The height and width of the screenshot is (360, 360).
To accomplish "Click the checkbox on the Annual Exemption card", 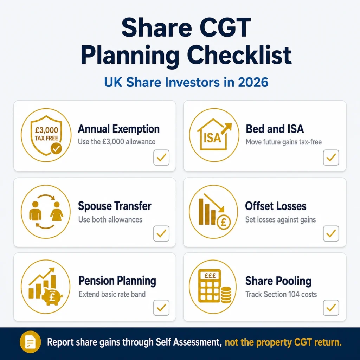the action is [x=161, y=157].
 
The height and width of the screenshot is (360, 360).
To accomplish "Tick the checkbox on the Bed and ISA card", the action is [x=331, y=157].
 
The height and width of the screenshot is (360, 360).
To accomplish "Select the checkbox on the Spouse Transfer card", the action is [x=161, y=233].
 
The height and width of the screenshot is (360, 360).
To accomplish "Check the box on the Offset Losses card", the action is [x=331, y=233].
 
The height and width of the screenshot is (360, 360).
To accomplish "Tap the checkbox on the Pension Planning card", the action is [x=161, y=308].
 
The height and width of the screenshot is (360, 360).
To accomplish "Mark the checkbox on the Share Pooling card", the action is [x=331, y=308].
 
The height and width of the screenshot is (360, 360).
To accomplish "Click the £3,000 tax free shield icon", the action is [x=46, y=135].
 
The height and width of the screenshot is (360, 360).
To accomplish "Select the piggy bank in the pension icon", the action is [x=52, y=297].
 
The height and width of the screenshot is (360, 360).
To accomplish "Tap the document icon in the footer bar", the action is [x=30, y=342].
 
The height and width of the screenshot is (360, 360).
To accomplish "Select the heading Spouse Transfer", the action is [x=115, y=206].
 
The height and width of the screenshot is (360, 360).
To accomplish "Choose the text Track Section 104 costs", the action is [x=281, y=294].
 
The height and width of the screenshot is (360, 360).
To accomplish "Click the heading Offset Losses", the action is [x=276, y=206].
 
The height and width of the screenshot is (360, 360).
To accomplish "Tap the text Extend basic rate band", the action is [x=112, y=294].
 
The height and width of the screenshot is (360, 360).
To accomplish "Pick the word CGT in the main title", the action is [x=225, y=27].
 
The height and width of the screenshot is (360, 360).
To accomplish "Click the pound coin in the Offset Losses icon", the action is [x=224, y=222].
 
